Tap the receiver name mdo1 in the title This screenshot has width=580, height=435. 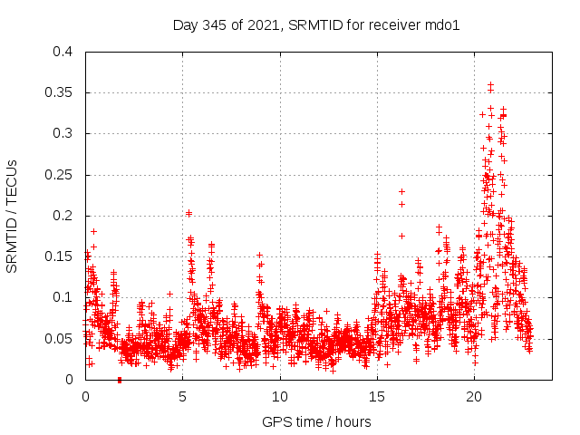point(443,24)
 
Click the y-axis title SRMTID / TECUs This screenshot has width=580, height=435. point(13,216)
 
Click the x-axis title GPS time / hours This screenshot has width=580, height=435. point(316,421)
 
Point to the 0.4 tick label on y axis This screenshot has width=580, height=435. point(63,52)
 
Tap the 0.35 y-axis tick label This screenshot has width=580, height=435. point(59,92)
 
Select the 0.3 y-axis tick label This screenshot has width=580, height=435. point(63,133)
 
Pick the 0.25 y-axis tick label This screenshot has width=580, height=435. point(59,175)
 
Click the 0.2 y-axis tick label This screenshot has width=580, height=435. point(63,216)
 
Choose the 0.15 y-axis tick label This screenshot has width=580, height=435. point(59,256)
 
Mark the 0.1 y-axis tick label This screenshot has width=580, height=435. point(63,297)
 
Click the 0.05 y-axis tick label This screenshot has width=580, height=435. point(59,339)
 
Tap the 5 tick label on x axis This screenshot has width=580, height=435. point(183,396)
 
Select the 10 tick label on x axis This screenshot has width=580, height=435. point(280,396)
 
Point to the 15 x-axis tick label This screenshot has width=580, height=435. point(378,396)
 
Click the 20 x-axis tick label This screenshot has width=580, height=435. point(475,396)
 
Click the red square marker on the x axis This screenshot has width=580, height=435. point(120,379)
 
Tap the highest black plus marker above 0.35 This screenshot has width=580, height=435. point(490,84)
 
